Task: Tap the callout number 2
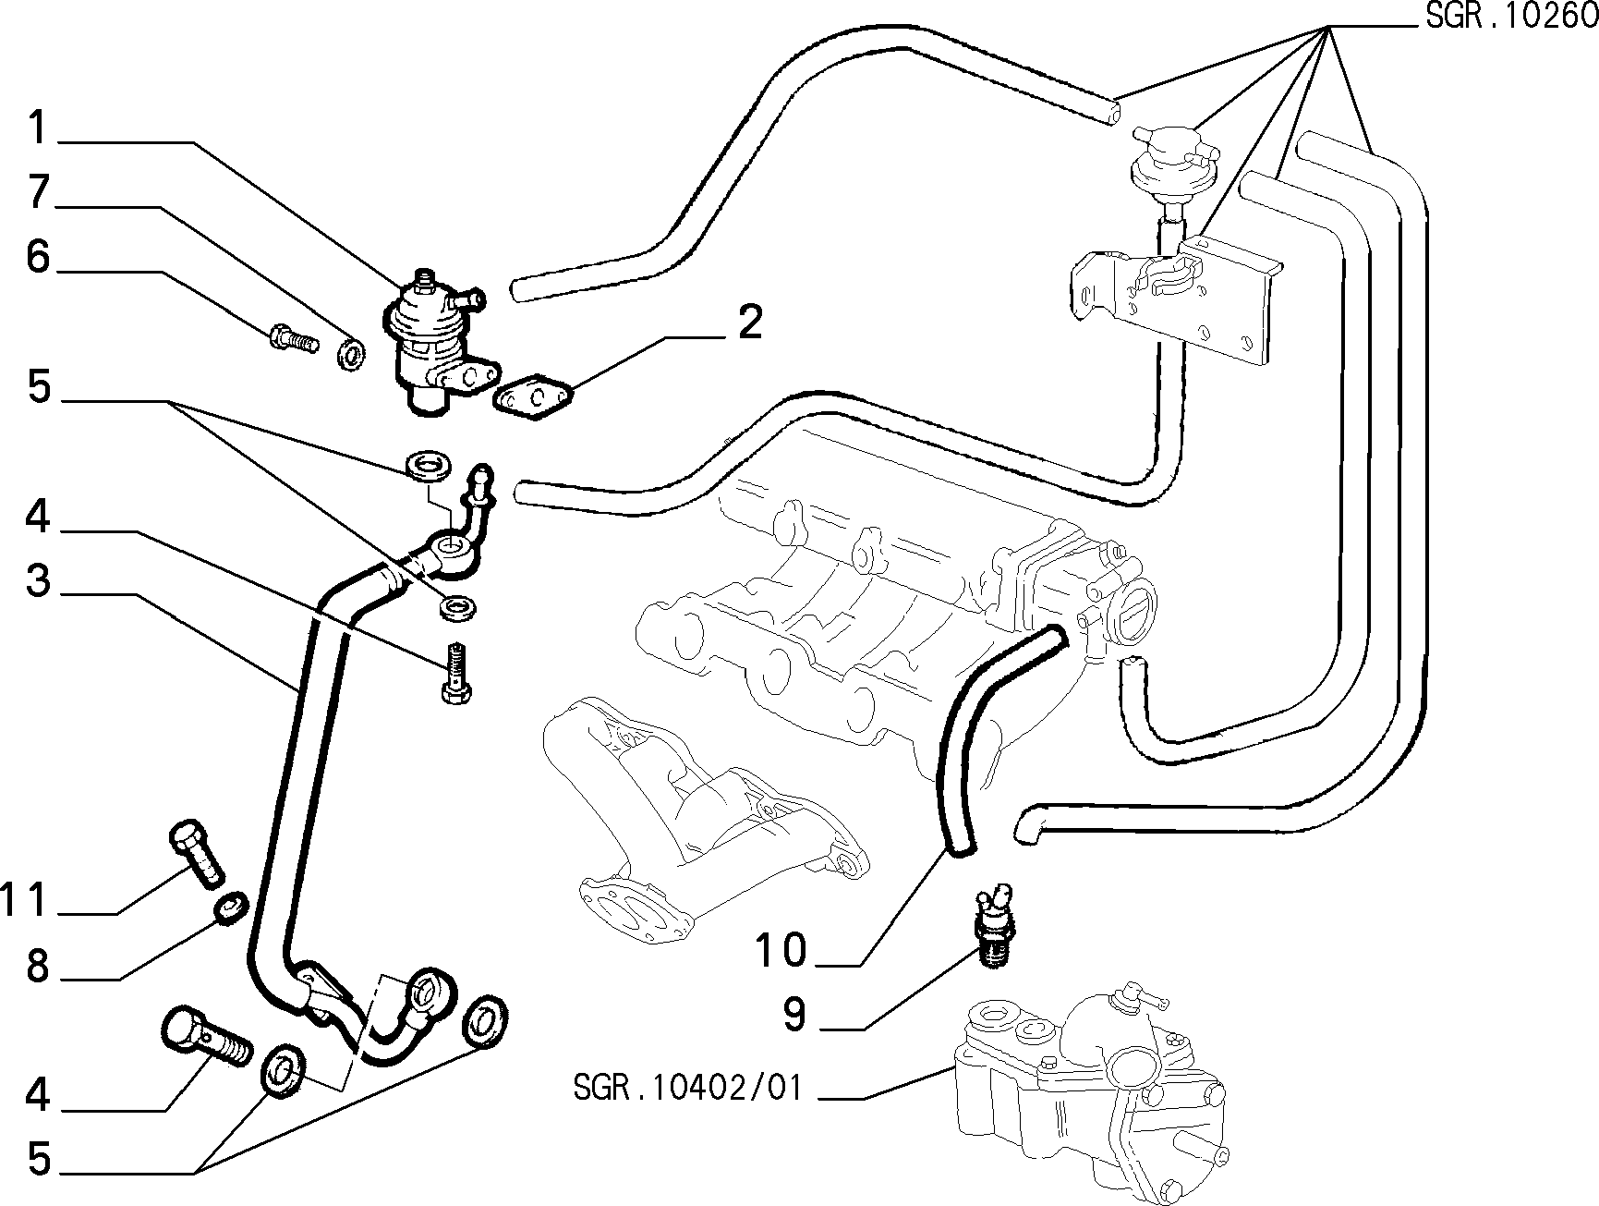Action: pyautogui.click(x=749, y=323)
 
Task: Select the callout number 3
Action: pyautogui.click(x=38, y=581)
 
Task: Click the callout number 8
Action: pyautogui.click(x=38, y=967)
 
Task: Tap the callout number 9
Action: pyautogui.click(x=793, y=1014)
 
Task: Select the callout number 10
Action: pyautogui.click(x=781, y=950)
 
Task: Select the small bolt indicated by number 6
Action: pyautogui.click(x=294, y=338)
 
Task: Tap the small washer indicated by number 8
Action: pyautogui.click(x=230, y=907)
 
